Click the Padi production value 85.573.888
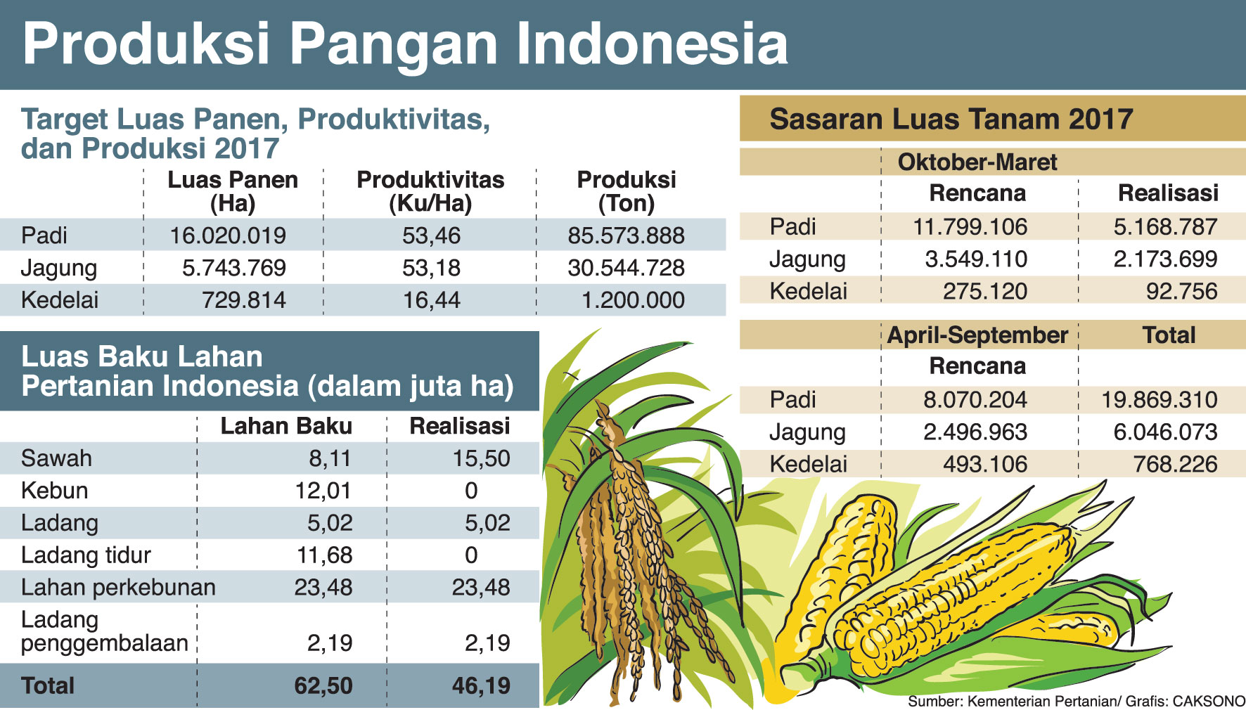[626, 235]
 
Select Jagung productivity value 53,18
[431, 268]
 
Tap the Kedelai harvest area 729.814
[244, 300]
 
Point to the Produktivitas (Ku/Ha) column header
[430, 191]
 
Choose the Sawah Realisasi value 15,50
[481, 458]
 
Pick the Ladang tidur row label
[86, 555]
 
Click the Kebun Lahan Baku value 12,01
[323, 491]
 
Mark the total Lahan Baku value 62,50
[323, 685]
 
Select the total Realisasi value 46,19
[481, 685]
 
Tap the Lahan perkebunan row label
[118, 588]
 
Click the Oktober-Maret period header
[977, 162]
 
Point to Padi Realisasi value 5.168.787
[1165, 227]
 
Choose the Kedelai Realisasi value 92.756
[1181, 291]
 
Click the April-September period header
[977, 335]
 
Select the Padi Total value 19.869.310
[1159, 400]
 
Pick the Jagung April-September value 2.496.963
[975, 432]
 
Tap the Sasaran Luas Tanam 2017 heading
[951, 120]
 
